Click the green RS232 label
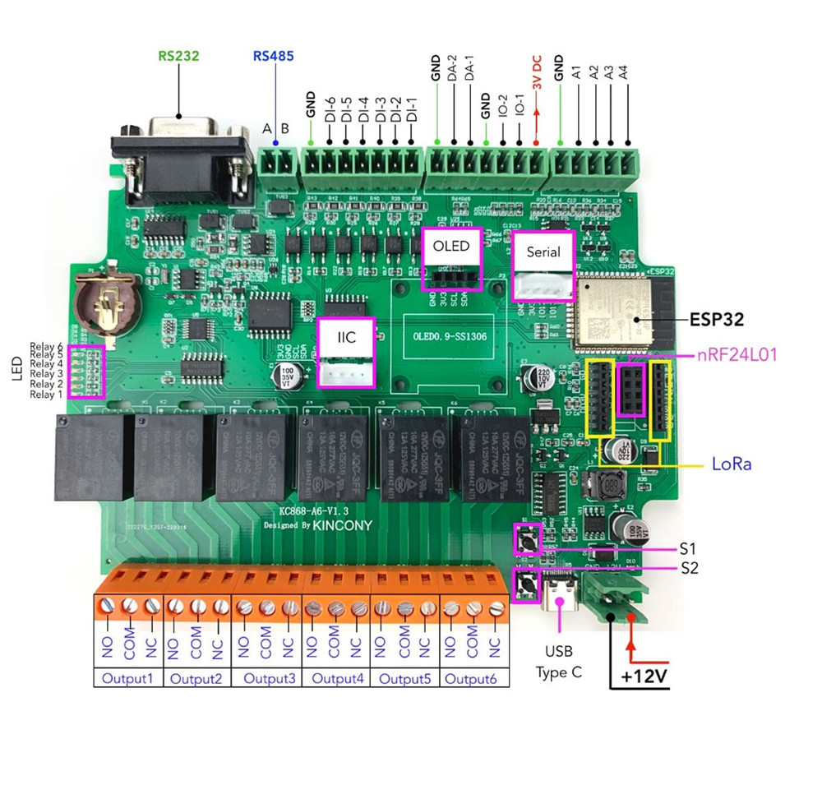pyautogui.click(x=179, y=58)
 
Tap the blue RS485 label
pyautogui.click(x=273, y=58)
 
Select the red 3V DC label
pyautogui.click(x=536, y=75)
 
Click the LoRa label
pyautogui.click(x=732, y=464)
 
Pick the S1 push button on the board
pyautogui.click(x=526, y=539)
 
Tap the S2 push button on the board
pyautogui.click(x=526, y=585)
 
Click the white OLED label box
pyautogui.click(x=451, y=247)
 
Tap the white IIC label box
pyautogui.click(x=346, y=338)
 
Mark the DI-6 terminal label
pyautogui.click(x=329, y=112)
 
